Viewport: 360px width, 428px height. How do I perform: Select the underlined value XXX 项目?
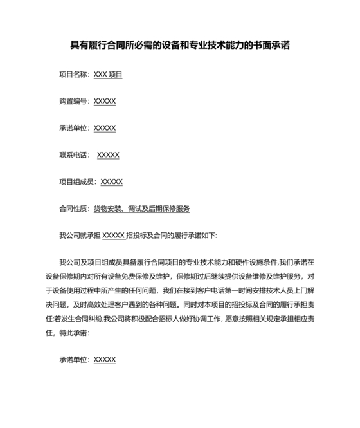pyautogui.click(x=108, y=75)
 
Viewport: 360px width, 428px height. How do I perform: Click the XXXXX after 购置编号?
pyautogui.click(x=105, y=102)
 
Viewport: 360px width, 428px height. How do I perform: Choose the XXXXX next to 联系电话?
pyautogui.click(x=108, y=155)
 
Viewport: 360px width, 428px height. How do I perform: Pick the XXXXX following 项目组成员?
pyautogui.click(x=112, y=182)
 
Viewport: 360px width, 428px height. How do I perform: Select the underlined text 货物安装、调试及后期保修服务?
pyautogui.click(x=141, y=209)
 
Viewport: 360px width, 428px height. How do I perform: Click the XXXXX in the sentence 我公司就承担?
pyautogui.click(x=114, y=236)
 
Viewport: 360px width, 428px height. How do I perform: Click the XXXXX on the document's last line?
pyautogui.click(x=105, y=360)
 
